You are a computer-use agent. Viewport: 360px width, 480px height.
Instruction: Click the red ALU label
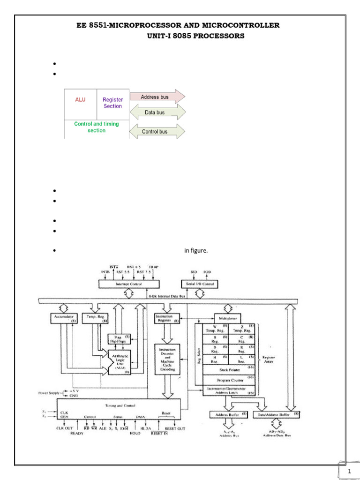pyautogui.click(x=80, y=99)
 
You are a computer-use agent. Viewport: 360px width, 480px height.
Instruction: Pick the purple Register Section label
pyautogui.click(x=112, y=103)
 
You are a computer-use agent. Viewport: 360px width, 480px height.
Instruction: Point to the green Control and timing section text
pyautogui.click(x=97, y=127)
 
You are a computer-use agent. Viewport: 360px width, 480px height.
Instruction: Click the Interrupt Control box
pyautogui.click(x=128, y=284)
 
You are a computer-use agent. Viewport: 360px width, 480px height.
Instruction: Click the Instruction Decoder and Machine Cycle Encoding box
pyautogui.click(x=167, y=360)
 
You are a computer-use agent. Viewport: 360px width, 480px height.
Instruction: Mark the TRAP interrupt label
pyautogui.click(x=153, y=267)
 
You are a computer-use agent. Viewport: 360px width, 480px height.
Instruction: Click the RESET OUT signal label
pyautogui.click(x=175, y=428)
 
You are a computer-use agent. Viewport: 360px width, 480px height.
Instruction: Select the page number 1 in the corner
pyautogui.click(x=350, y=472)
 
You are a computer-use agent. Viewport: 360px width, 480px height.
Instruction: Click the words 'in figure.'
pyautogui.click(x=195, y=251)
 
